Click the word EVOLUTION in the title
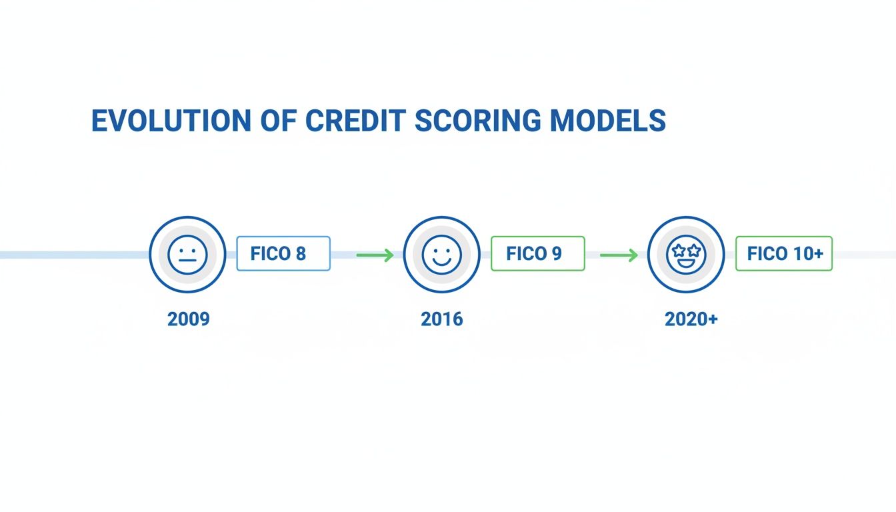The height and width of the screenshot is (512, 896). pyautogui.click(x=171, y=121)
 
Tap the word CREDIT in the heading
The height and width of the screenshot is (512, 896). pyautogui.click(x=355, y=121)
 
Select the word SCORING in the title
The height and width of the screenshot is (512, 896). pyautogui.click(x=478, y=121)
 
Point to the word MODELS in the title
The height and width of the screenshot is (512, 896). pyautogui.click(x=608, y=121)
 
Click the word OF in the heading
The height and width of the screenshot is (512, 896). pyautogui.click(x=279, y=121)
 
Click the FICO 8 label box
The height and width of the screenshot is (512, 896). pyautogui.click(x=283, y=253)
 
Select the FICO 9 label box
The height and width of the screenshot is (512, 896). pyautogui.click(x=538, y=253)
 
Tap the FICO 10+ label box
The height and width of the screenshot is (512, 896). pyautogui.click(x=784, y=253)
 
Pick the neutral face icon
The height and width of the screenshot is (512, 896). pyautogui.click(x=187, y=255)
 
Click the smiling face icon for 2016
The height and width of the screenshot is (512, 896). pyautogui.click(x=441, y=255)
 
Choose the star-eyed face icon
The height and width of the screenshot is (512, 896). pyautogui.click(x=686, y=255)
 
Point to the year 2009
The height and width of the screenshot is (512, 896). pyautogui.click(x=189, y=319)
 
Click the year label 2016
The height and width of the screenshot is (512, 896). pyautogui.click(x=442, y=319)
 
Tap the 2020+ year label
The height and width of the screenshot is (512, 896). pyautogui.click(x=691, y=319)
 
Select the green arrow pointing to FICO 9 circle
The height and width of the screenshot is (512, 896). pyautogui.click(x=375, y=255)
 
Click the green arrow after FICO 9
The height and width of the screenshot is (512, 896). pyautogui.click(x=619, y=255)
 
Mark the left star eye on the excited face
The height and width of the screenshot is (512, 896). pyautogui.click(x=679, y=251)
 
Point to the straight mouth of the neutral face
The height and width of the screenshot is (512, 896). pyautogui.click(x=187, y=261)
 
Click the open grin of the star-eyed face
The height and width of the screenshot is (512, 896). pyautogui.click(x=686, y=263)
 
